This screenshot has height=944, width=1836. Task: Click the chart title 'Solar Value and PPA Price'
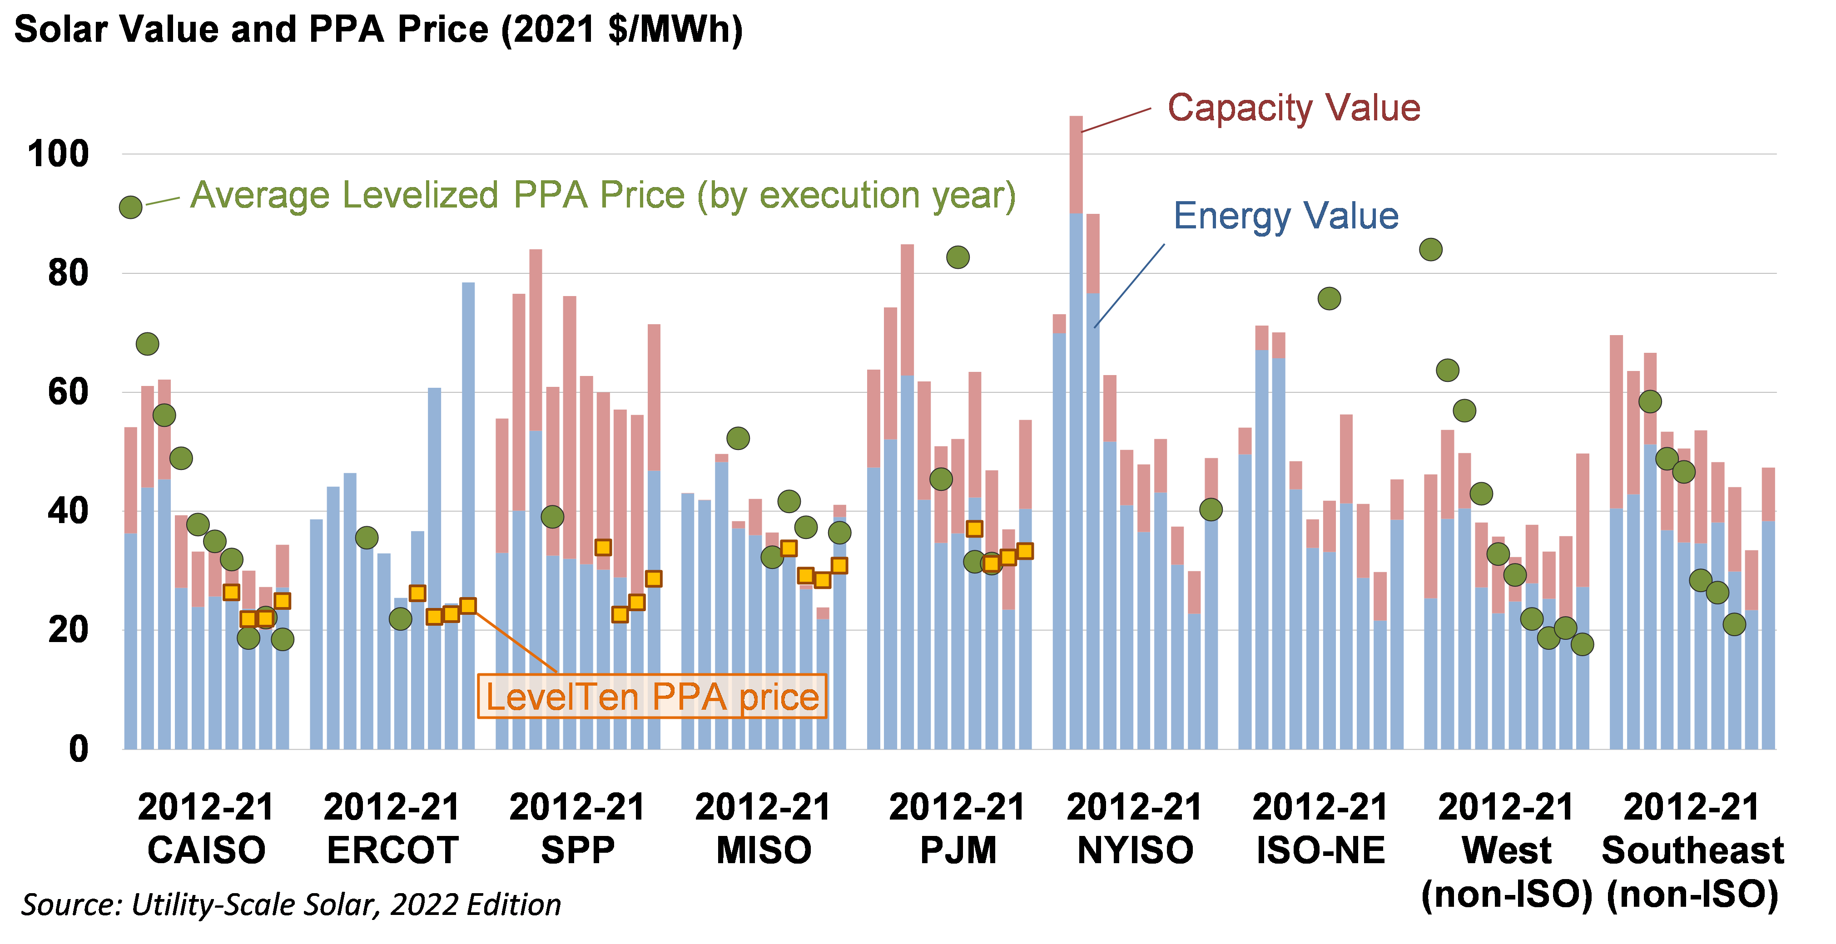click(378, 30)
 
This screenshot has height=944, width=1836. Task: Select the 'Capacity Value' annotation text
click(1293, 108)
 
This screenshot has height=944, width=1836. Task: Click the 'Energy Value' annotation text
click(1286, 216)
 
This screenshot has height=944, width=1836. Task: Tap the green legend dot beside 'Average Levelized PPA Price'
click(130, 208)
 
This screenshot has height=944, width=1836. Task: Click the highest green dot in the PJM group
click(957, 257)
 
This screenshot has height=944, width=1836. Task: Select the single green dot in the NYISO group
click(1210, 509)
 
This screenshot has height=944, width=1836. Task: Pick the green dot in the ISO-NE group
click(1329, 298)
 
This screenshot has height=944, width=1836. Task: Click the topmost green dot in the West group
click(1430, 249)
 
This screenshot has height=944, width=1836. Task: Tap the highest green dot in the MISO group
click(738, 438)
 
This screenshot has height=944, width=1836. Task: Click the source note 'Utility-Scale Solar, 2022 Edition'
click(291, 905)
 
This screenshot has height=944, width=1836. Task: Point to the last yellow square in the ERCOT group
click(467, 606)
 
